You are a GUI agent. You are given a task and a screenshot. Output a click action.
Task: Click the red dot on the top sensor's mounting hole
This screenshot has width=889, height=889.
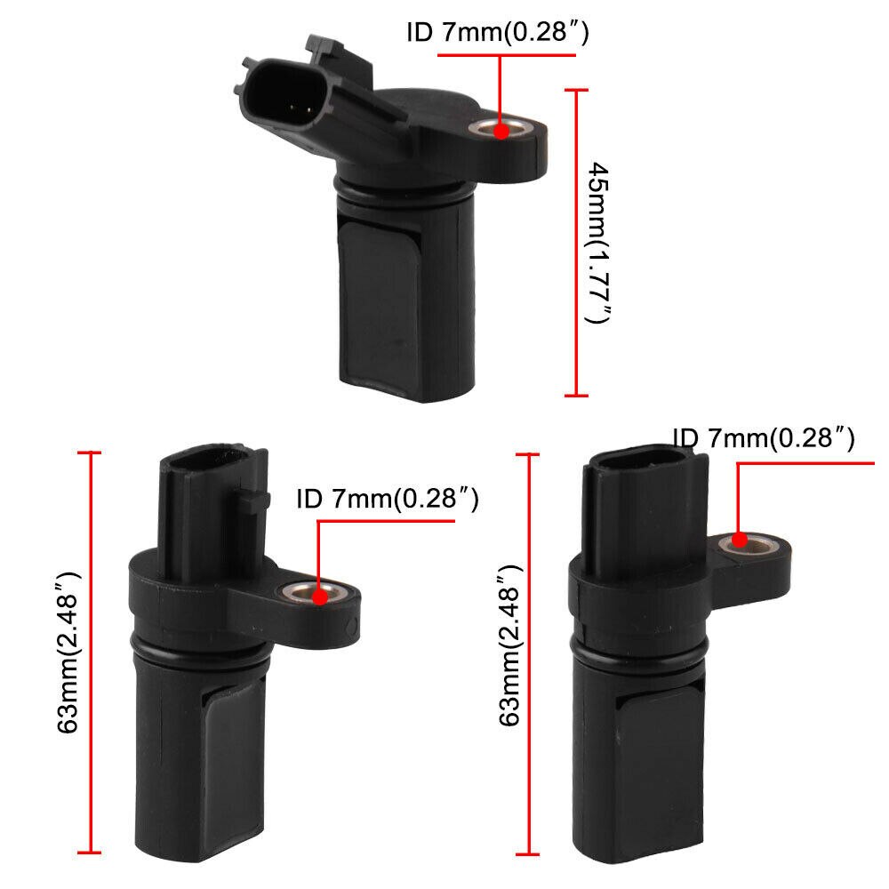501,131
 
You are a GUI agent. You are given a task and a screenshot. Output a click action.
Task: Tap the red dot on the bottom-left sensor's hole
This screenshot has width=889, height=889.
317,593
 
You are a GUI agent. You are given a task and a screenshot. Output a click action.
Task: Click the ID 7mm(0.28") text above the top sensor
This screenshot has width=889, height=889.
498,34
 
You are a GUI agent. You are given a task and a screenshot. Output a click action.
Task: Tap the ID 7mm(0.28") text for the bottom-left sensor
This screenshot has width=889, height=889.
388,500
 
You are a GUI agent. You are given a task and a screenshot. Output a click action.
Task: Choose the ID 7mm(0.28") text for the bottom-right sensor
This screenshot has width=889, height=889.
764,437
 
